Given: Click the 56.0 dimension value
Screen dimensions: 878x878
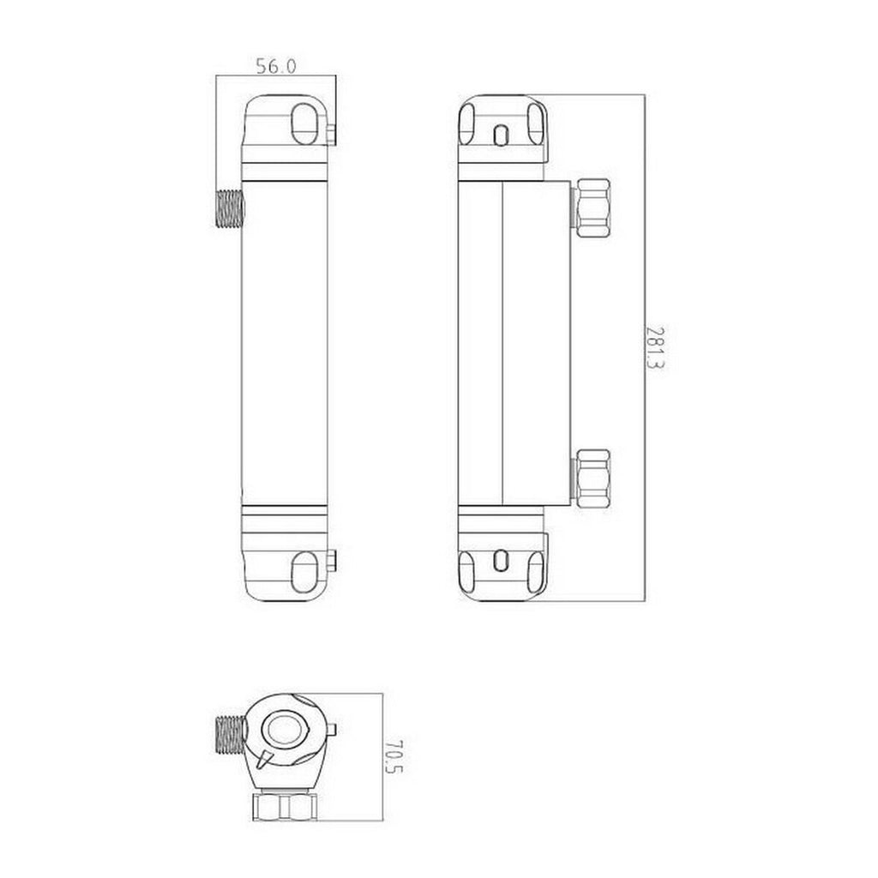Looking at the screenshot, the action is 276,67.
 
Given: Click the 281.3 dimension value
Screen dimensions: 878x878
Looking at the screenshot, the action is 655,348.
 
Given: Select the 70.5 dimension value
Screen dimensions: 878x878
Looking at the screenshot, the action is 394,756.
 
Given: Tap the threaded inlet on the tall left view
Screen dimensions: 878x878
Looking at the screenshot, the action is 230,209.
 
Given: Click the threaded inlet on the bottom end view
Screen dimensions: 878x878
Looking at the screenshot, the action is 230,734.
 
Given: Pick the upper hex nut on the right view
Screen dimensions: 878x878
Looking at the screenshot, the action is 593,207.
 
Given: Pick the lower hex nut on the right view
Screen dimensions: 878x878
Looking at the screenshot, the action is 593,478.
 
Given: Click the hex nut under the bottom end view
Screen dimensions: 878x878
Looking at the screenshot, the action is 286,807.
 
